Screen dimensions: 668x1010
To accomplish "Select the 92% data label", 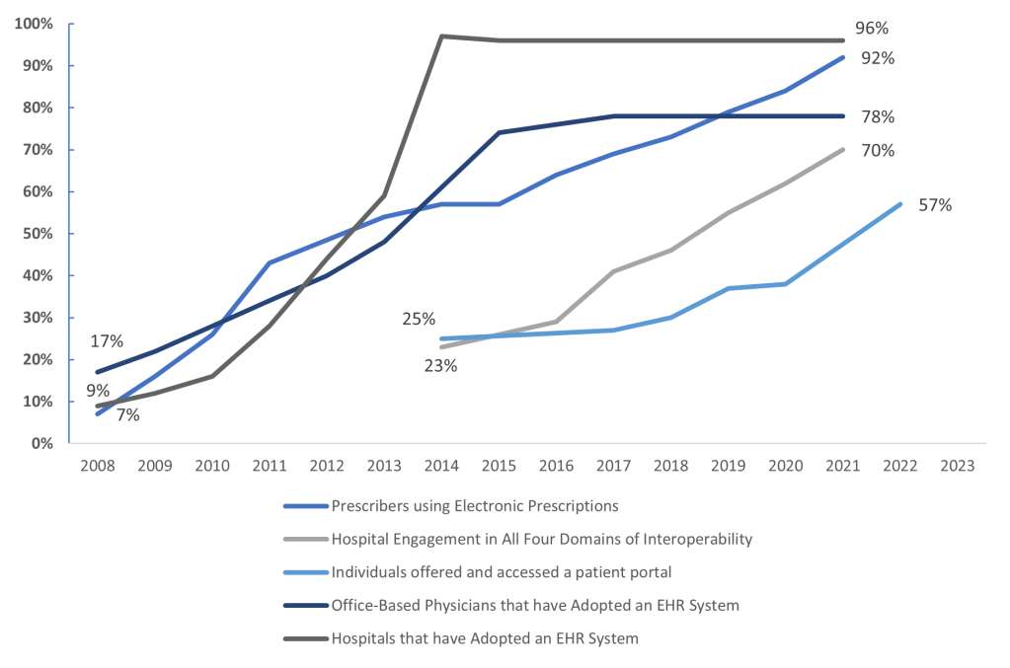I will coord(877,58).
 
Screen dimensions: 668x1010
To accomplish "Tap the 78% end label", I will coord(877,116).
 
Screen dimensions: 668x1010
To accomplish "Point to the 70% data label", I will coord(877,151).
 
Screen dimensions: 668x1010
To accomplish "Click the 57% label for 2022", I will coord(934,205).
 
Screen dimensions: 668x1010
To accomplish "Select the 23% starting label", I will coord(441,365).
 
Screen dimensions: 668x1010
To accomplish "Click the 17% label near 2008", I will coord(106,341).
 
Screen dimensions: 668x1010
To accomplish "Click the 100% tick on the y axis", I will coord(35,24).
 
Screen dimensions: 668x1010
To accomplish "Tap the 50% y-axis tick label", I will coord(39,234).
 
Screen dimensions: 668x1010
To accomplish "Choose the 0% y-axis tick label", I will coord(42,444).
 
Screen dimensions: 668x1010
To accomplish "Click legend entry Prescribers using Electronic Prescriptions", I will coord(474,506).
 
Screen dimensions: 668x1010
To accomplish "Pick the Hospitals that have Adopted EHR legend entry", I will coord(484,638).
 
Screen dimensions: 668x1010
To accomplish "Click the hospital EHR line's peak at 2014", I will coord(440,37).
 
